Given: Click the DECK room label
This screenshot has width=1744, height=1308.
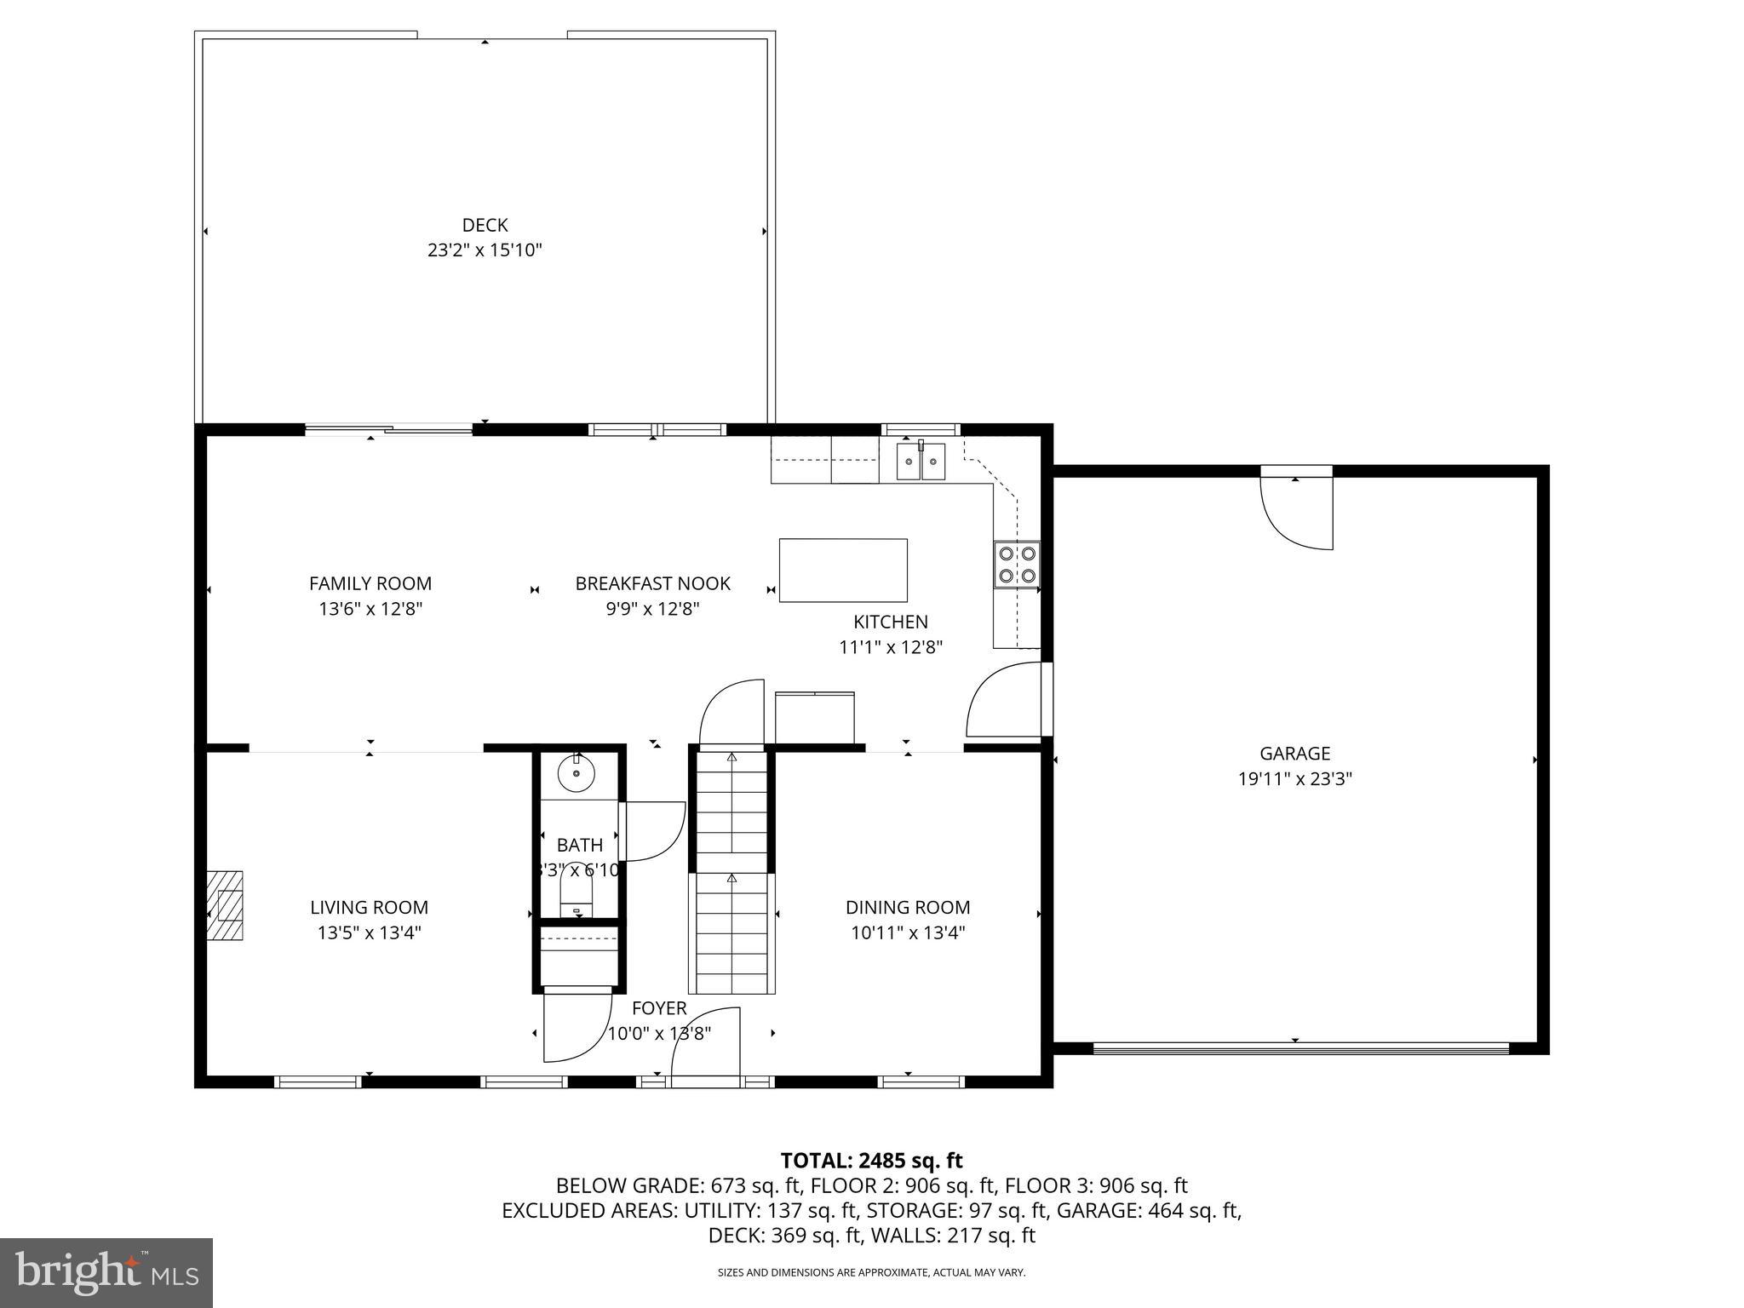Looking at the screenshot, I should click(485, 225).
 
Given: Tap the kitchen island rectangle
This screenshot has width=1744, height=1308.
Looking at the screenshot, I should click(843, 571).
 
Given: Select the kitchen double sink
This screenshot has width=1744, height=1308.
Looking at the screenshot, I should click(921, 462).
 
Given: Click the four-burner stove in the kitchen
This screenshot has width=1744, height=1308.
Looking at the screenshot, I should click(1017, 565).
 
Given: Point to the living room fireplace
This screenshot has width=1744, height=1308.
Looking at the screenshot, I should click(225, 904).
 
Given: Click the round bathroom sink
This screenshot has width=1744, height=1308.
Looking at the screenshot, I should click(577, 773).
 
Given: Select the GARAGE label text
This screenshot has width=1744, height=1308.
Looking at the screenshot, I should click(1294, 753).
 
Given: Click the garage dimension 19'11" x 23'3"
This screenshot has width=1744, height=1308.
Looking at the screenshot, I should click(1294, 778).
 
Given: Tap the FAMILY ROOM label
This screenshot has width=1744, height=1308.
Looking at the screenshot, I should click(370, 583).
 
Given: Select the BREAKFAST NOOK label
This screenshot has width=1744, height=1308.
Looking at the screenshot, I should click(652, 583).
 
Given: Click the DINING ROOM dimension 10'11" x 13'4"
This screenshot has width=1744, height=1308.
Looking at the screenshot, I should click(908, 932).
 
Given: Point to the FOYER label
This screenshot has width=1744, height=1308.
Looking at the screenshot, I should click(658, 1008).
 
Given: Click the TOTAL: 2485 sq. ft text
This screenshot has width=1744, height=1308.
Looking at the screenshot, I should click(871, 1160).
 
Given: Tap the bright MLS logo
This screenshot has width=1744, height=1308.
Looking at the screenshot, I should click(106, 1272).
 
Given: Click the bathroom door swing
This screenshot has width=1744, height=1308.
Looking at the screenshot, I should click(653, 830).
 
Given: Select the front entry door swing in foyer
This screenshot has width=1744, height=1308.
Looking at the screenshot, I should click(706, 1047).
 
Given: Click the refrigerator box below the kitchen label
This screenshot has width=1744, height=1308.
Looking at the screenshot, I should click(814, 717).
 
